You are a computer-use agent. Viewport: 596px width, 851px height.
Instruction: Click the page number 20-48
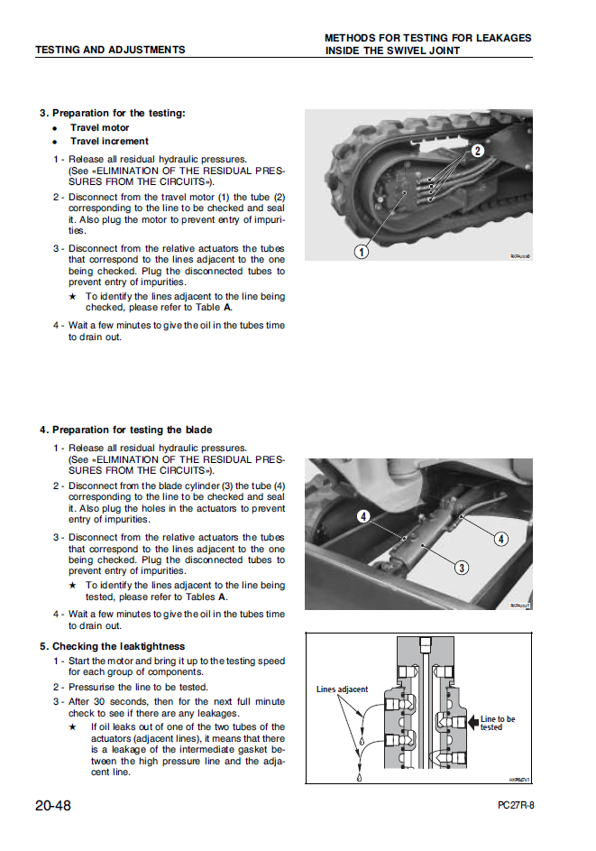pyautogui.click(x=53, y=805)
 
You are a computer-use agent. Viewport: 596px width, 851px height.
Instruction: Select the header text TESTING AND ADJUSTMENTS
pyautogui.click(x=110, y=50)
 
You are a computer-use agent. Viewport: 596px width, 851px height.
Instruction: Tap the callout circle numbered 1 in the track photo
pyautogui.click(x=361, y=252)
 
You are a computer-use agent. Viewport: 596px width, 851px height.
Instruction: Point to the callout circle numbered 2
pyautogui.click(x=478, y=152)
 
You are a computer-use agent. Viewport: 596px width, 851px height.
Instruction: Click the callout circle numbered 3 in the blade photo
pyautogui.click(x=461, y=568)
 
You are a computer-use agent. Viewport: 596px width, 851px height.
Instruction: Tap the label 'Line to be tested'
pyautogui.click(x=497, y=723)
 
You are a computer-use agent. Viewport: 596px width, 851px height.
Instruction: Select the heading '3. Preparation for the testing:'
pyautogui.click(x=113, y=113)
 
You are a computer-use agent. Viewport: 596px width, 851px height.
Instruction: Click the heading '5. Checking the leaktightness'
pyautogui.click(x=112, y=646)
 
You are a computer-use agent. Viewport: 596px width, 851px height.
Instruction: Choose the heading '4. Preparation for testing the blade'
pyautogui.click(x=125, y=430)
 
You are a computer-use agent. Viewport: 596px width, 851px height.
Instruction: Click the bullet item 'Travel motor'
pyautogui.click(x=99, y=127)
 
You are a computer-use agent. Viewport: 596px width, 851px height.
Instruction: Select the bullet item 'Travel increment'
pyautogui.click(x=109, y=141)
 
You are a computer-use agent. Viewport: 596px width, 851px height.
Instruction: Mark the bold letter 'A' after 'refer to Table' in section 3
pyautogui.click(x=228, y=307)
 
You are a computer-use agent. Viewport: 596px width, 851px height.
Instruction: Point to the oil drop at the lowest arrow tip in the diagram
pyautogui.click(x=358, y=777)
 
